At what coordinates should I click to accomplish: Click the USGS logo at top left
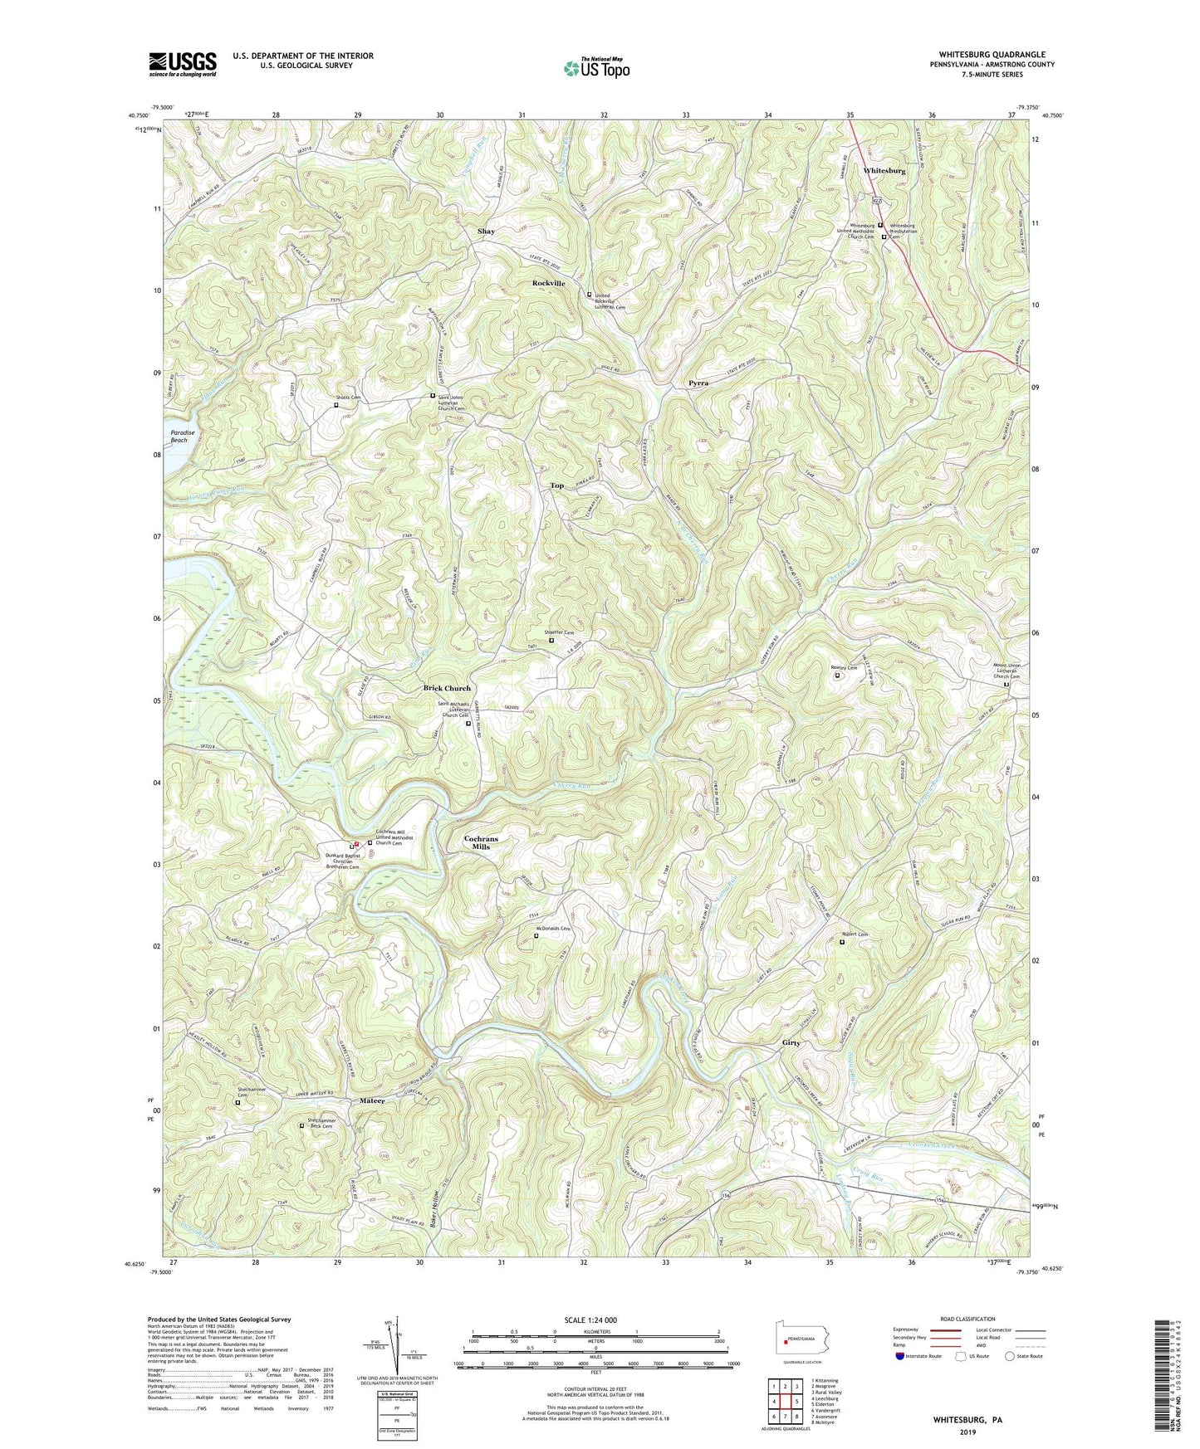[183, 64]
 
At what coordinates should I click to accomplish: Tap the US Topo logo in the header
[595, 68]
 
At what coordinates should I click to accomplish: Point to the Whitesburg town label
[884, 170]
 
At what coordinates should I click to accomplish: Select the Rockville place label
[548, 284]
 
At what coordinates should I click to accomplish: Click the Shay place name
[486, 232]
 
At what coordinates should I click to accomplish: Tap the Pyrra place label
[698, 383]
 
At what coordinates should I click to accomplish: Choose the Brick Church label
[447, 688]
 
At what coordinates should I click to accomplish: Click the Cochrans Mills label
[481, 842]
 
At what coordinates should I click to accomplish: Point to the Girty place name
[791, 1043]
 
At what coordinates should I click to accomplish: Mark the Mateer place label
[372, 1100]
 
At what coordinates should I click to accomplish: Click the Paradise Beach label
[179, 437]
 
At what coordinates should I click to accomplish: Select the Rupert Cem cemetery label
[857, 934]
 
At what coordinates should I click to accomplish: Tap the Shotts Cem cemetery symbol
[336, 406]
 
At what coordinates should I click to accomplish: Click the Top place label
[556, 485]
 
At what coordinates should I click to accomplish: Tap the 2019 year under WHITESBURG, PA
[967, 1432]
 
